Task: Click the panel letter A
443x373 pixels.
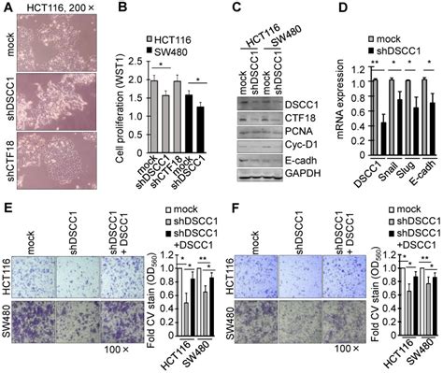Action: click(7, 8)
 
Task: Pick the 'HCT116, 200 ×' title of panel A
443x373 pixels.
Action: click(65, 8)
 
